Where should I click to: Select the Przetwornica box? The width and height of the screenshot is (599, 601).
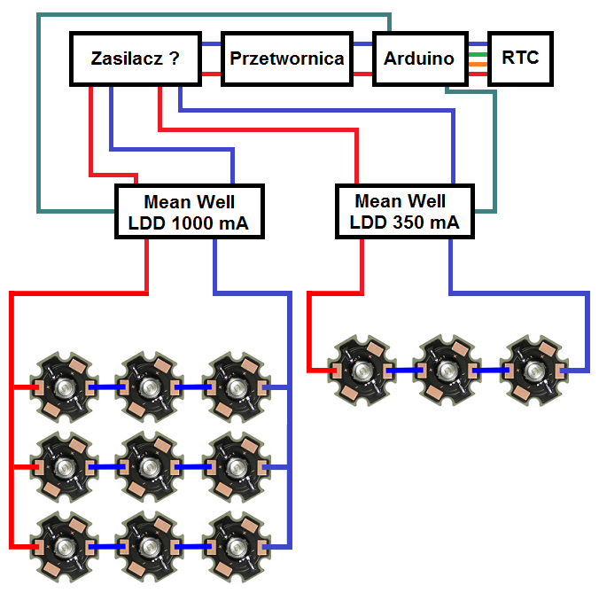(286, 59)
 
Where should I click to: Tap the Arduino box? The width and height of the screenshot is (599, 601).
(418, 59)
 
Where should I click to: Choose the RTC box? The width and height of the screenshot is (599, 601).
(520, 59)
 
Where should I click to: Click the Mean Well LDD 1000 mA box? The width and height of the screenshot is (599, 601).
(191, 211)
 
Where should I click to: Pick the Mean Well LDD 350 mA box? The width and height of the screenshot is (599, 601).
(404, 211)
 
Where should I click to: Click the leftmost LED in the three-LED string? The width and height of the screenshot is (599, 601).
(360, 369)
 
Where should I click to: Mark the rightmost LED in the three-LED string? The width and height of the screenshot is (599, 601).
(532, 369)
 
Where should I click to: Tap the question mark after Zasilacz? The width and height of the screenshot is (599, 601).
(175, 59)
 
